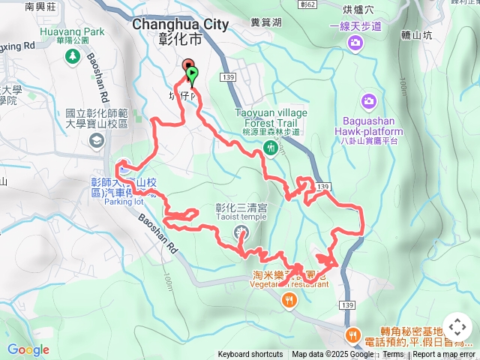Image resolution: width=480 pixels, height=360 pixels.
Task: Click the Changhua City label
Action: pyautogui.click(x=181, y=24)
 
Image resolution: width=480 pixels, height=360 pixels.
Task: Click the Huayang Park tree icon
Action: pyautogui.click(x=73, y=56)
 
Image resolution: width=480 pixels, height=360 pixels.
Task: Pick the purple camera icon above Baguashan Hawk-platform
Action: pyautogui.click(x=368, y=100)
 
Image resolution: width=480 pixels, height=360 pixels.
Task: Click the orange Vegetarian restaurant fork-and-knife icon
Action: pyautogui.click(x=289, y=301)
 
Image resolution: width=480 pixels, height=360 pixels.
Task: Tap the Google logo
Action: pyautogui.click(x=28, y=349)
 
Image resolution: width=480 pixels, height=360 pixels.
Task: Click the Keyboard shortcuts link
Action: pyautogui.click(x=250, y=355)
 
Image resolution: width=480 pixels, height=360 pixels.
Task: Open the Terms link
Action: pyautogui.click(x=393, y=355)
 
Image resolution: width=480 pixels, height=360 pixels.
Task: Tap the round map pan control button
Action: pyautogui.click(x=457, y=328)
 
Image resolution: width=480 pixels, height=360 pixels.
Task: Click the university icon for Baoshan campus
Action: pyautogui.click(x=96, y=141)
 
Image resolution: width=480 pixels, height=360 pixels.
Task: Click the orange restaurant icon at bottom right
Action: pyautogui.click(x=351, y=334)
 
